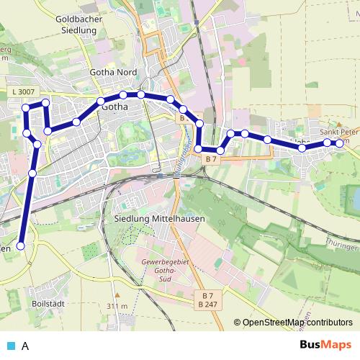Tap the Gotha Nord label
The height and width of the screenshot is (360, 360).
pos(113,72)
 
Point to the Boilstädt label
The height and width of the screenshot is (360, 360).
pos(48,304)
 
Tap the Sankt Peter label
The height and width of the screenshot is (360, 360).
pos(339,132)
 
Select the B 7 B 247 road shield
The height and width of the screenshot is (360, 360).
pos(207,300)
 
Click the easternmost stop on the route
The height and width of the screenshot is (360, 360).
pos(340,143)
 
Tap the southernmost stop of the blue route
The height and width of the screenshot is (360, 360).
pos(20,246)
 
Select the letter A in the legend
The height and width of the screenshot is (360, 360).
pos(25,346)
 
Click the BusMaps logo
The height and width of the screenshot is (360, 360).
pos(325,346)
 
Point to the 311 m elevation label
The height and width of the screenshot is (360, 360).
pos(117,306)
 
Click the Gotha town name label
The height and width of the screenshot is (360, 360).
pos(115,107)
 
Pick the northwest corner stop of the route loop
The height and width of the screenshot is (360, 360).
pos(26,107)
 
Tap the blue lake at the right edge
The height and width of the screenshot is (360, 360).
pos(354,197)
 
